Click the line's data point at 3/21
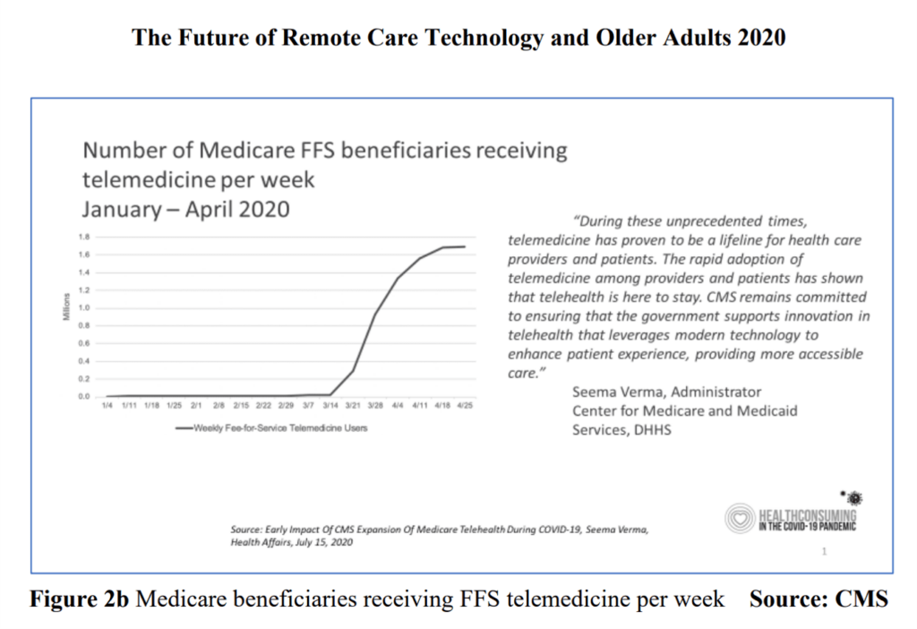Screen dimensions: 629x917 click(353, 370)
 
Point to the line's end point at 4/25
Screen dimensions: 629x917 click(465, 246)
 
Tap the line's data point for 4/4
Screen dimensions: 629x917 click(398, 278)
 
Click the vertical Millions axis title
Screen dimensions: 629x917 click(67, 315)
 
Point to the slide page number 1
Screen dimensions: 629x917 click(824, 553)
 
